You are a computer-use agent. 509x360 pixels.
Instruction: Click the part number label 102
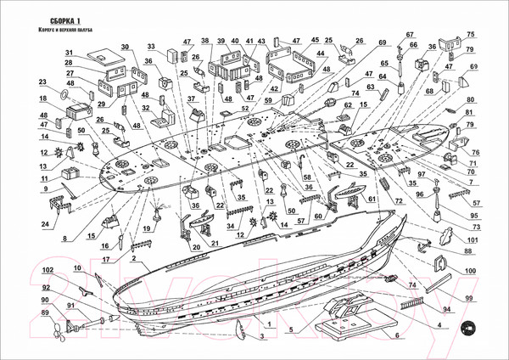[x=48, y=269]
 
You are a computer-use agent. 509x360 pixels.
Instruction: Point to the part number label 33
[x=152, y=46]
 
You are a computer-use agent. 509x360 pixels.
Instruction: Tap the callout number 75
[x=471, y=33]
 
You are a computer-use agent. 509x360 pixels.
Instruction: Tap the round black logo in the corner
[x=466, y=330]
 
